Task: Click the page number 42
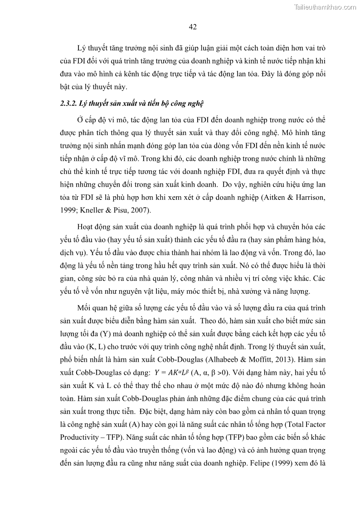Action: coord(192,27)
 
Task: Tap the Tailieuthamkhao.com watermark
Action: coord(326,7)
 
